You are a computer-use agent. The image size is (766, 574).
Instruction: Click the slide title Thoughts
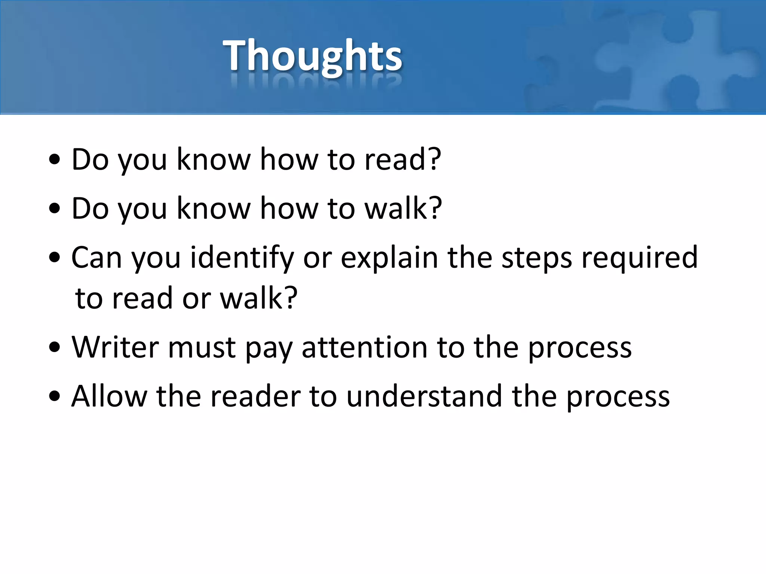pos(312,56)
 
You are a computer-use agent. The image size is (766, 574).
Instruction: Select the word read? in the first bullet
pos(403,160)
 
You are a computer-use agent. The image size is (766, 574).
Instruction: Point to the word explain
pos(389,258)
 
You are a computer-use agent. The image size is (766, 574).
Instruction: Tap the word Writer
pos(115,347)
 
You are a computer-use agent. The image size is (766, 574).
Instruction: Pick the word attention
pos(365,347)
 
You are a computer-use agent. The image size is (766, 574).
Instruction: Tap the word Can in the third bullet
pos(96,258)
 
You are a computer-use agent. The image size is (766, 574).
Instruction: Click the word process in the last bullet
pos(618,397)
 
